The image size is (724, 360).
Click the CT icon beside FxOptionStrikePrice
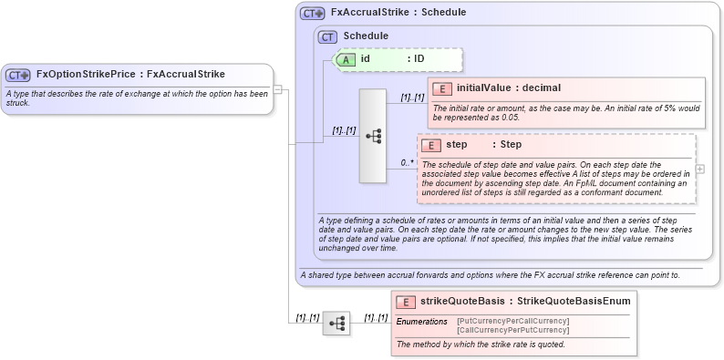click(18, 75)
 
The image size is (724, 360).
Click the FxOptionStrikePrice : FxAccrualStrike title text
click(130, 75)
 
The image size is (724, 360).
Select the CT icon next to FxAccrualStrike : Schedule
click(313, 14)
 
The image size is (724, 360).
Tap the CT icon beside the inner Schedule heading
click(327, 36)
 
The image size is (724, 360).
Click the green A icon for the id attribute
click(346, 59)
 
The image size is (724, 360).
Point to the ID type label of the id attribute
click(419, 59)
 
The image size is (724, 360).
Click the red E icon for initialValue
click(442, 88)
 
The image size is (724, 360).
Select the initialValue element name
click(482, 88)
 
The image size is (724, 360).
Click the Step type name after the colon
click(510, 145)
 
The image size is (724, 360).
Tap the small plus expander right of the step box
click(700, 169)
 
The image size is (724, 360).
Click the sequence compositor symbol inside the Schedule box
click(373, 136)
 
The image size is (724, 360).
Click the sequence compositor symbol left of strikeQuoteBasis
click(336, 323)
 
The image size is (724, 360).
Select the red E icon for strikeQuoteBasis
click(406, 302)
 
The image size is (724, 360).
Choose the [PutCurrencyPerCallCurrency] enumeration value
click(512, 321)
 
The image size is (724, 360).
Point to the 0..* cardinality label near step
click(407, 163)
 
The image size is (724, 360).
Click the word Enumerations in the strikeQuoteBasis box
click(421, 322)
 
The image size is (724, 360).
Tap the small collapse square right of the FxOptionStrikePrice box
click(278, 89)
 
